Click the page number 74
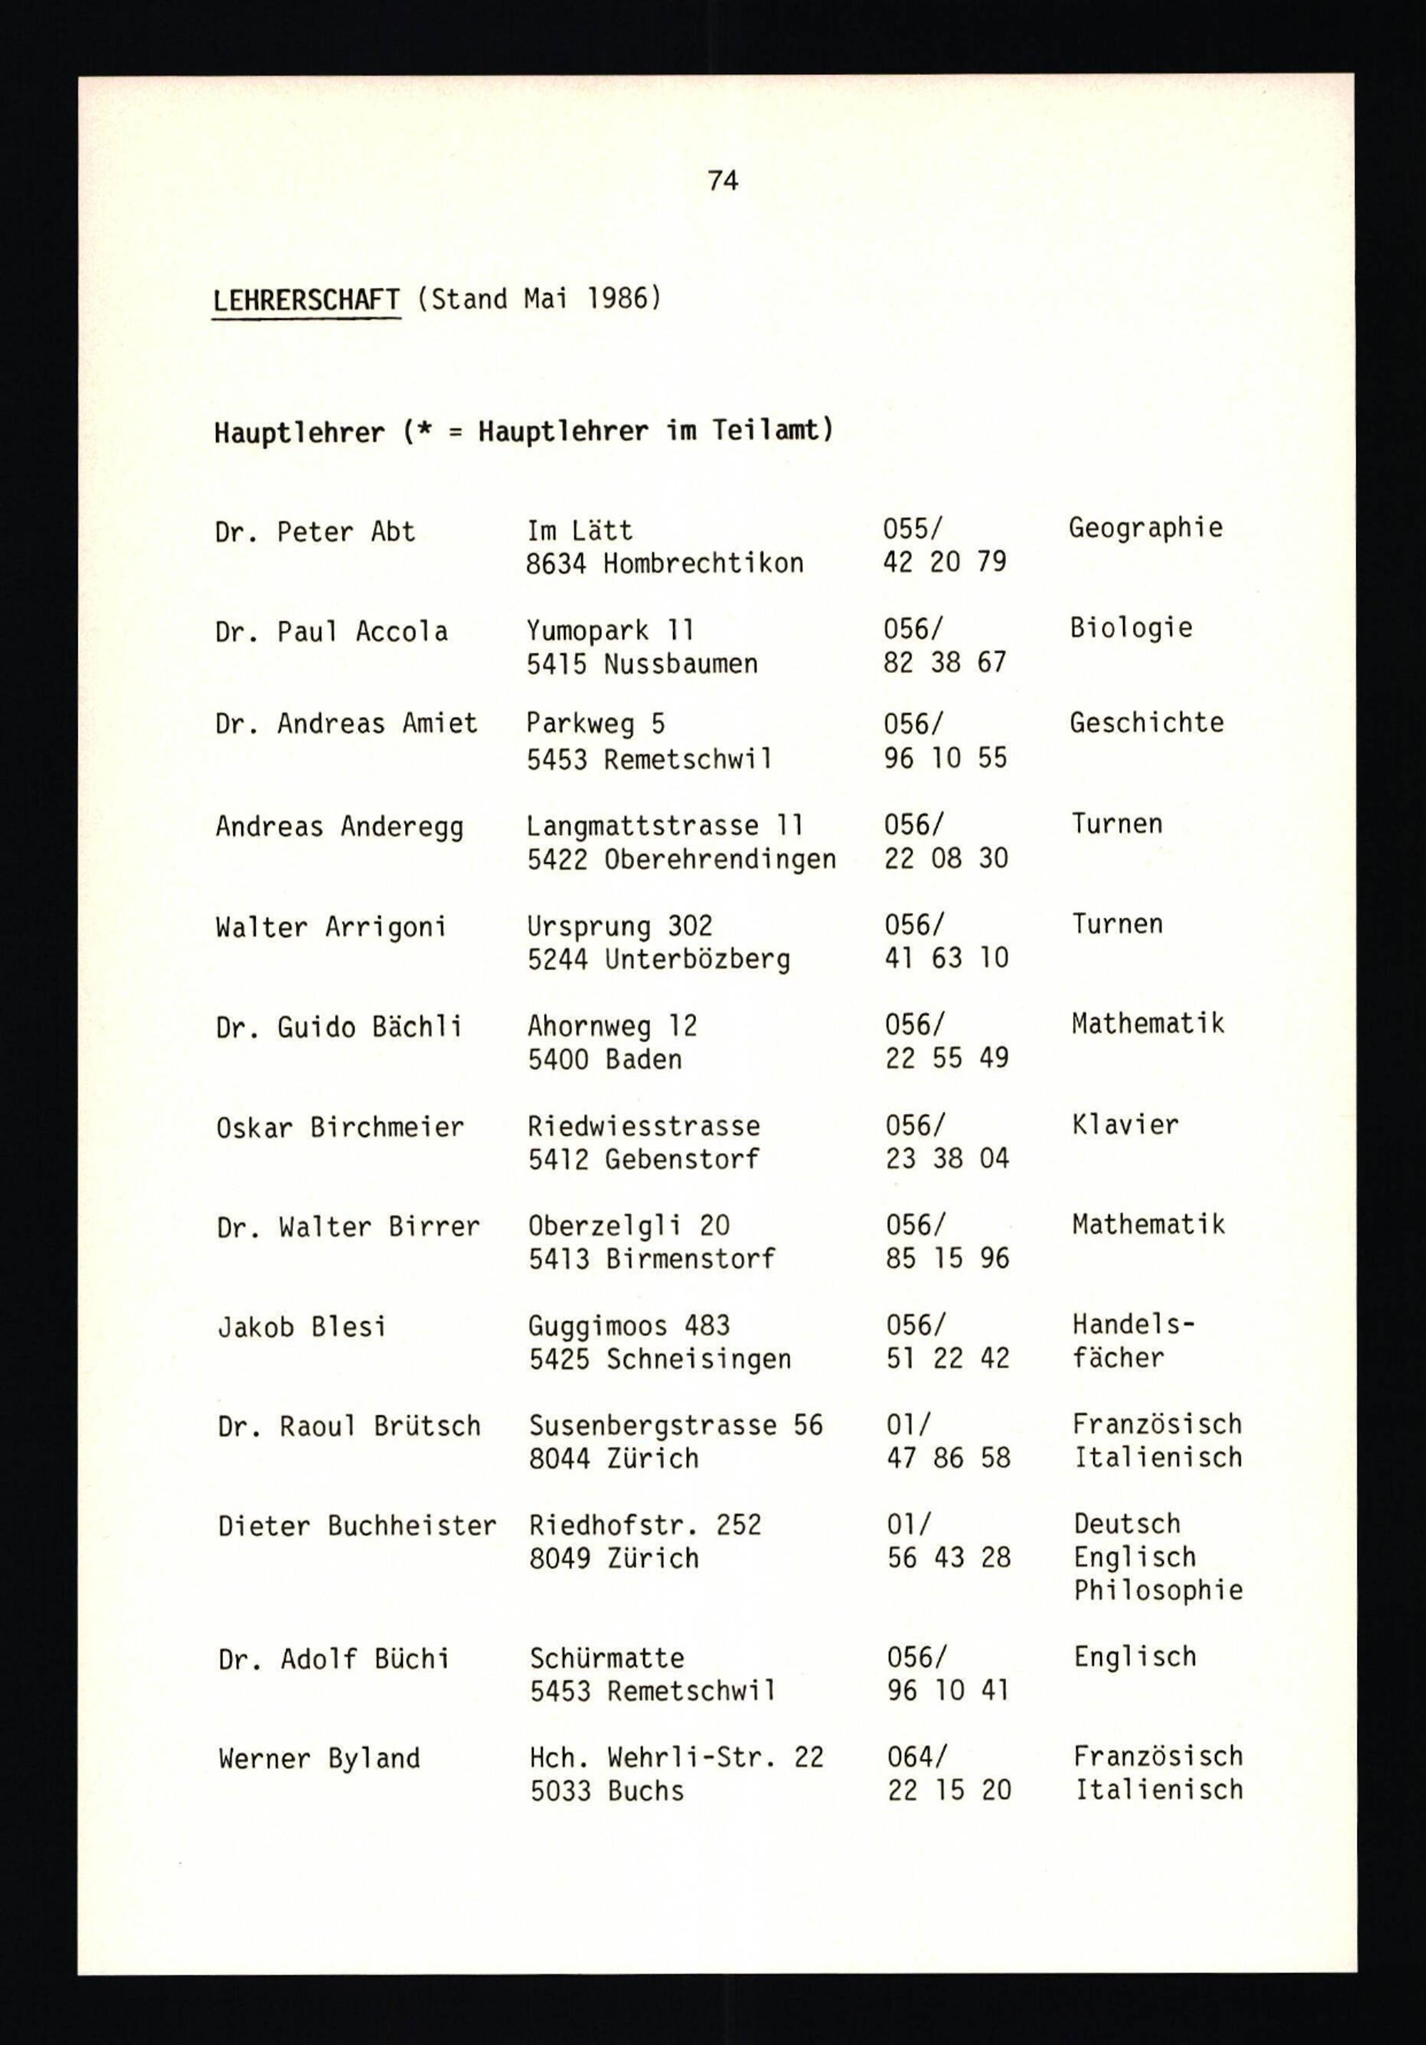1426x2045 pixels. point(722,181)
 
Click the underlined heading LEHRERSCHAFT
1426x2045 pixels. point(307,299)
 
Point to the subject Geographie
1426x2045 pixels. point(1145,528)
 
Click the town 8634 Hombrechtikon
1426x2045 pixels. point(665,563)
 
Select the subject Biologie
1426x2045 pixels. point(1130,628)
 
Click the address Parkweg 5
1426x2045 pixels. point(595,723)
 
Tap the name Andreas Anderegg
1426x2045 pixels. point(339,828)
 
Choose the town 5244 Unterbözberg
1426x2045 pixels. point(658,959)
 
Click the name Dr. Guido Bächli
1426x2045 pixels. point(339,1028)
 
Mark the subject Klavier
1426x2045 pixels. point(1125,1125)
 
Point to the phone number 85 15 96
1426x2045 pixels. point(947,1259)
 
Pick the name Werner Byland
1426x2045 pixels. point(319,1758)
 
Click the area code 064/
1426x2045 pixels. point(916,1756)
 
